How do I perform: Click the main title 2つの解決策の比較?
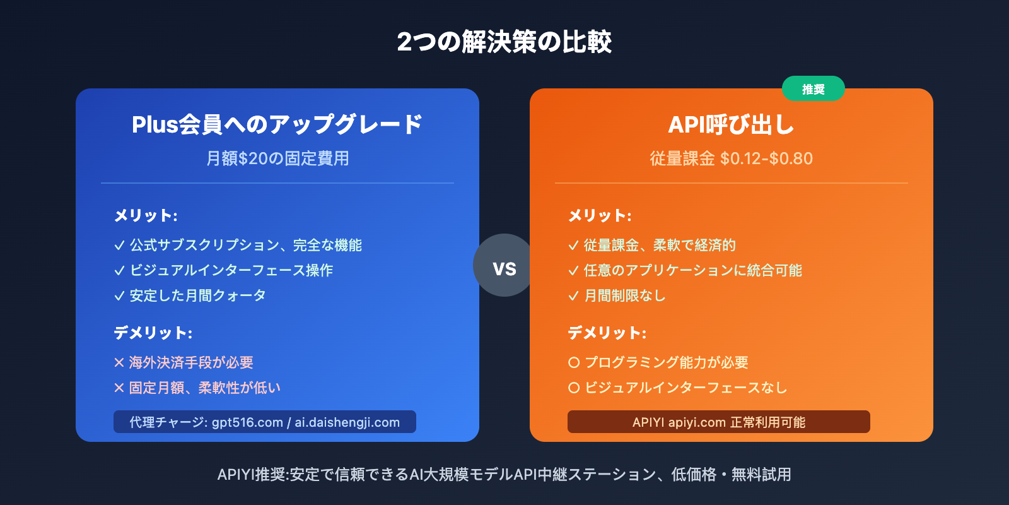click(x=504, y=42)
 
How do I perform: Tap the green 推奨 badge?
click(x=813, y=89)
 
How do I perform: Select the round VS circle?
click(x=504, y=266)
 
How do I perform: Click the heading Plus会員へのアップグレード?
click(x=277, y=124)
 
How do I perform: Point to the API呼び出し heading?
click(x=731, y=124)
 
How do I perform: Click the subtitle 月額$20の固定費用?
click(x=277, y=158)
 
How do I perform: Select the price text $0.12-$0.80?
click(x=766, y=158)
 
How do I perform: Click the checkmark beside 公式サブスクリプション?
click(x=119, y=246)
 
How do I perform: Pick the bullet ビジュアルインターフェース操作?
click(x=231, y=270)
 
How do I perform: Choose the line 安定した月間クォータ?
click(x=197, y=295)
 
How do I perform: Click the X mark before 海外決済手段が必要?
click(x=119, y=362)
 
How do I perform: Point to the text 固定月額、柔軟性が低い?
click(x=205, y=388)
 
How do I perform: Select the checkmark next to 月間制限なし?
click(x=573, y=296)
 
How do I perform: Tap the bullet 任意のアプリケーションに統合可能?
click(x=692, y=270)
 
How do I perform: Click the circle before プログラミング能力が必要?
click(x=574, y=362)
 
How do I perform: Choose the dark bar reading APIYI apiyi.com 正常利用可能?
click(x=718, y=422)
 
